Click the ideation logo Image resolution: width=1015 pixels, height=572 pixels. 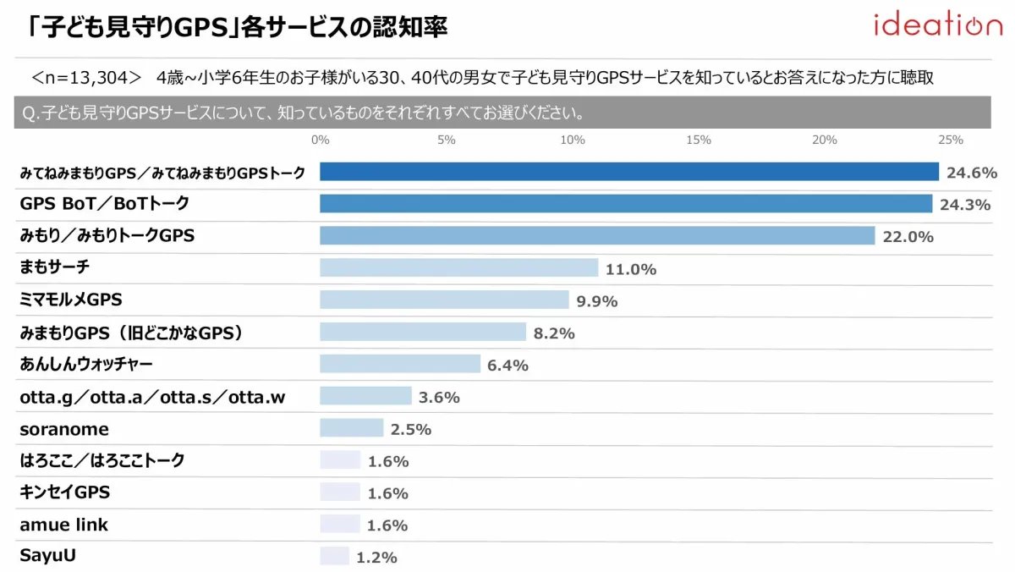pos(937,25)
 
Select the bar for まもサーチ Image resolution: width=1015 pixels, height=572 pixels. pos(459,268)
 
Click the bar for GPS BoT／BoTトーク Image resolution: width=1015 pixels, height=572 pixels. pos(626,204)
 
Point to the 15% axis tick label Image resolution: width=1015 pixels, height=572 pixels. pos(699,140)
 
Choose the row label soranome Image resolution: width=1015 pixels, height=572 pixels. pos(64,429)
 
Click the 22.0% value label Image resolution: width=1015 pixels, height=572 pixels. pos(908,237)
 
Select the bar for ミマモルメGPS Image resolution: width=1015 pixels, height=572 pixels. pos(444,300)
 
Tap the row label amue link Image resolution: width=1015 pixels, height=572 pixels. pos(64,525)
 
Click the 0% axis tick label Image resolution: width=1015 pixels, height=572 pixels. pos(321,140)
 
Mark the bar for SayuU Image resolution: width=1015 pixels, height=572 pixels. pos(334,557)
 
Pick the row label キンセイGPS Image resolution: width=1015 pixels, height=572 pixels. pos(65,492)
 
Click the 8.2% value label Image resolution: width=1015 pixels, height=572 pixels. pos(554,333)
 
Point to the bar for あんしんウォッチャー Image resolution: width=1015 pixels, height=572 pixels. pos(400,365)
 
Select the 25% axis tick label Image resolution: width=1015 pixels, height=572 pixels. pos(950,140)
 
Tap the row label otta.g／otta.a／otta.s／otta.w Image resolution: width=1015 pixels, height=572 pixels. pos(152,397)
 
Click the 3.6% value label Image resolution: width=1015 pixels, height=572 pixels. pos(439,398)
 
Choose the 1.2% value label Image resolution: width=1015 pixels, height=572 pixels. pos(376,558)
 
